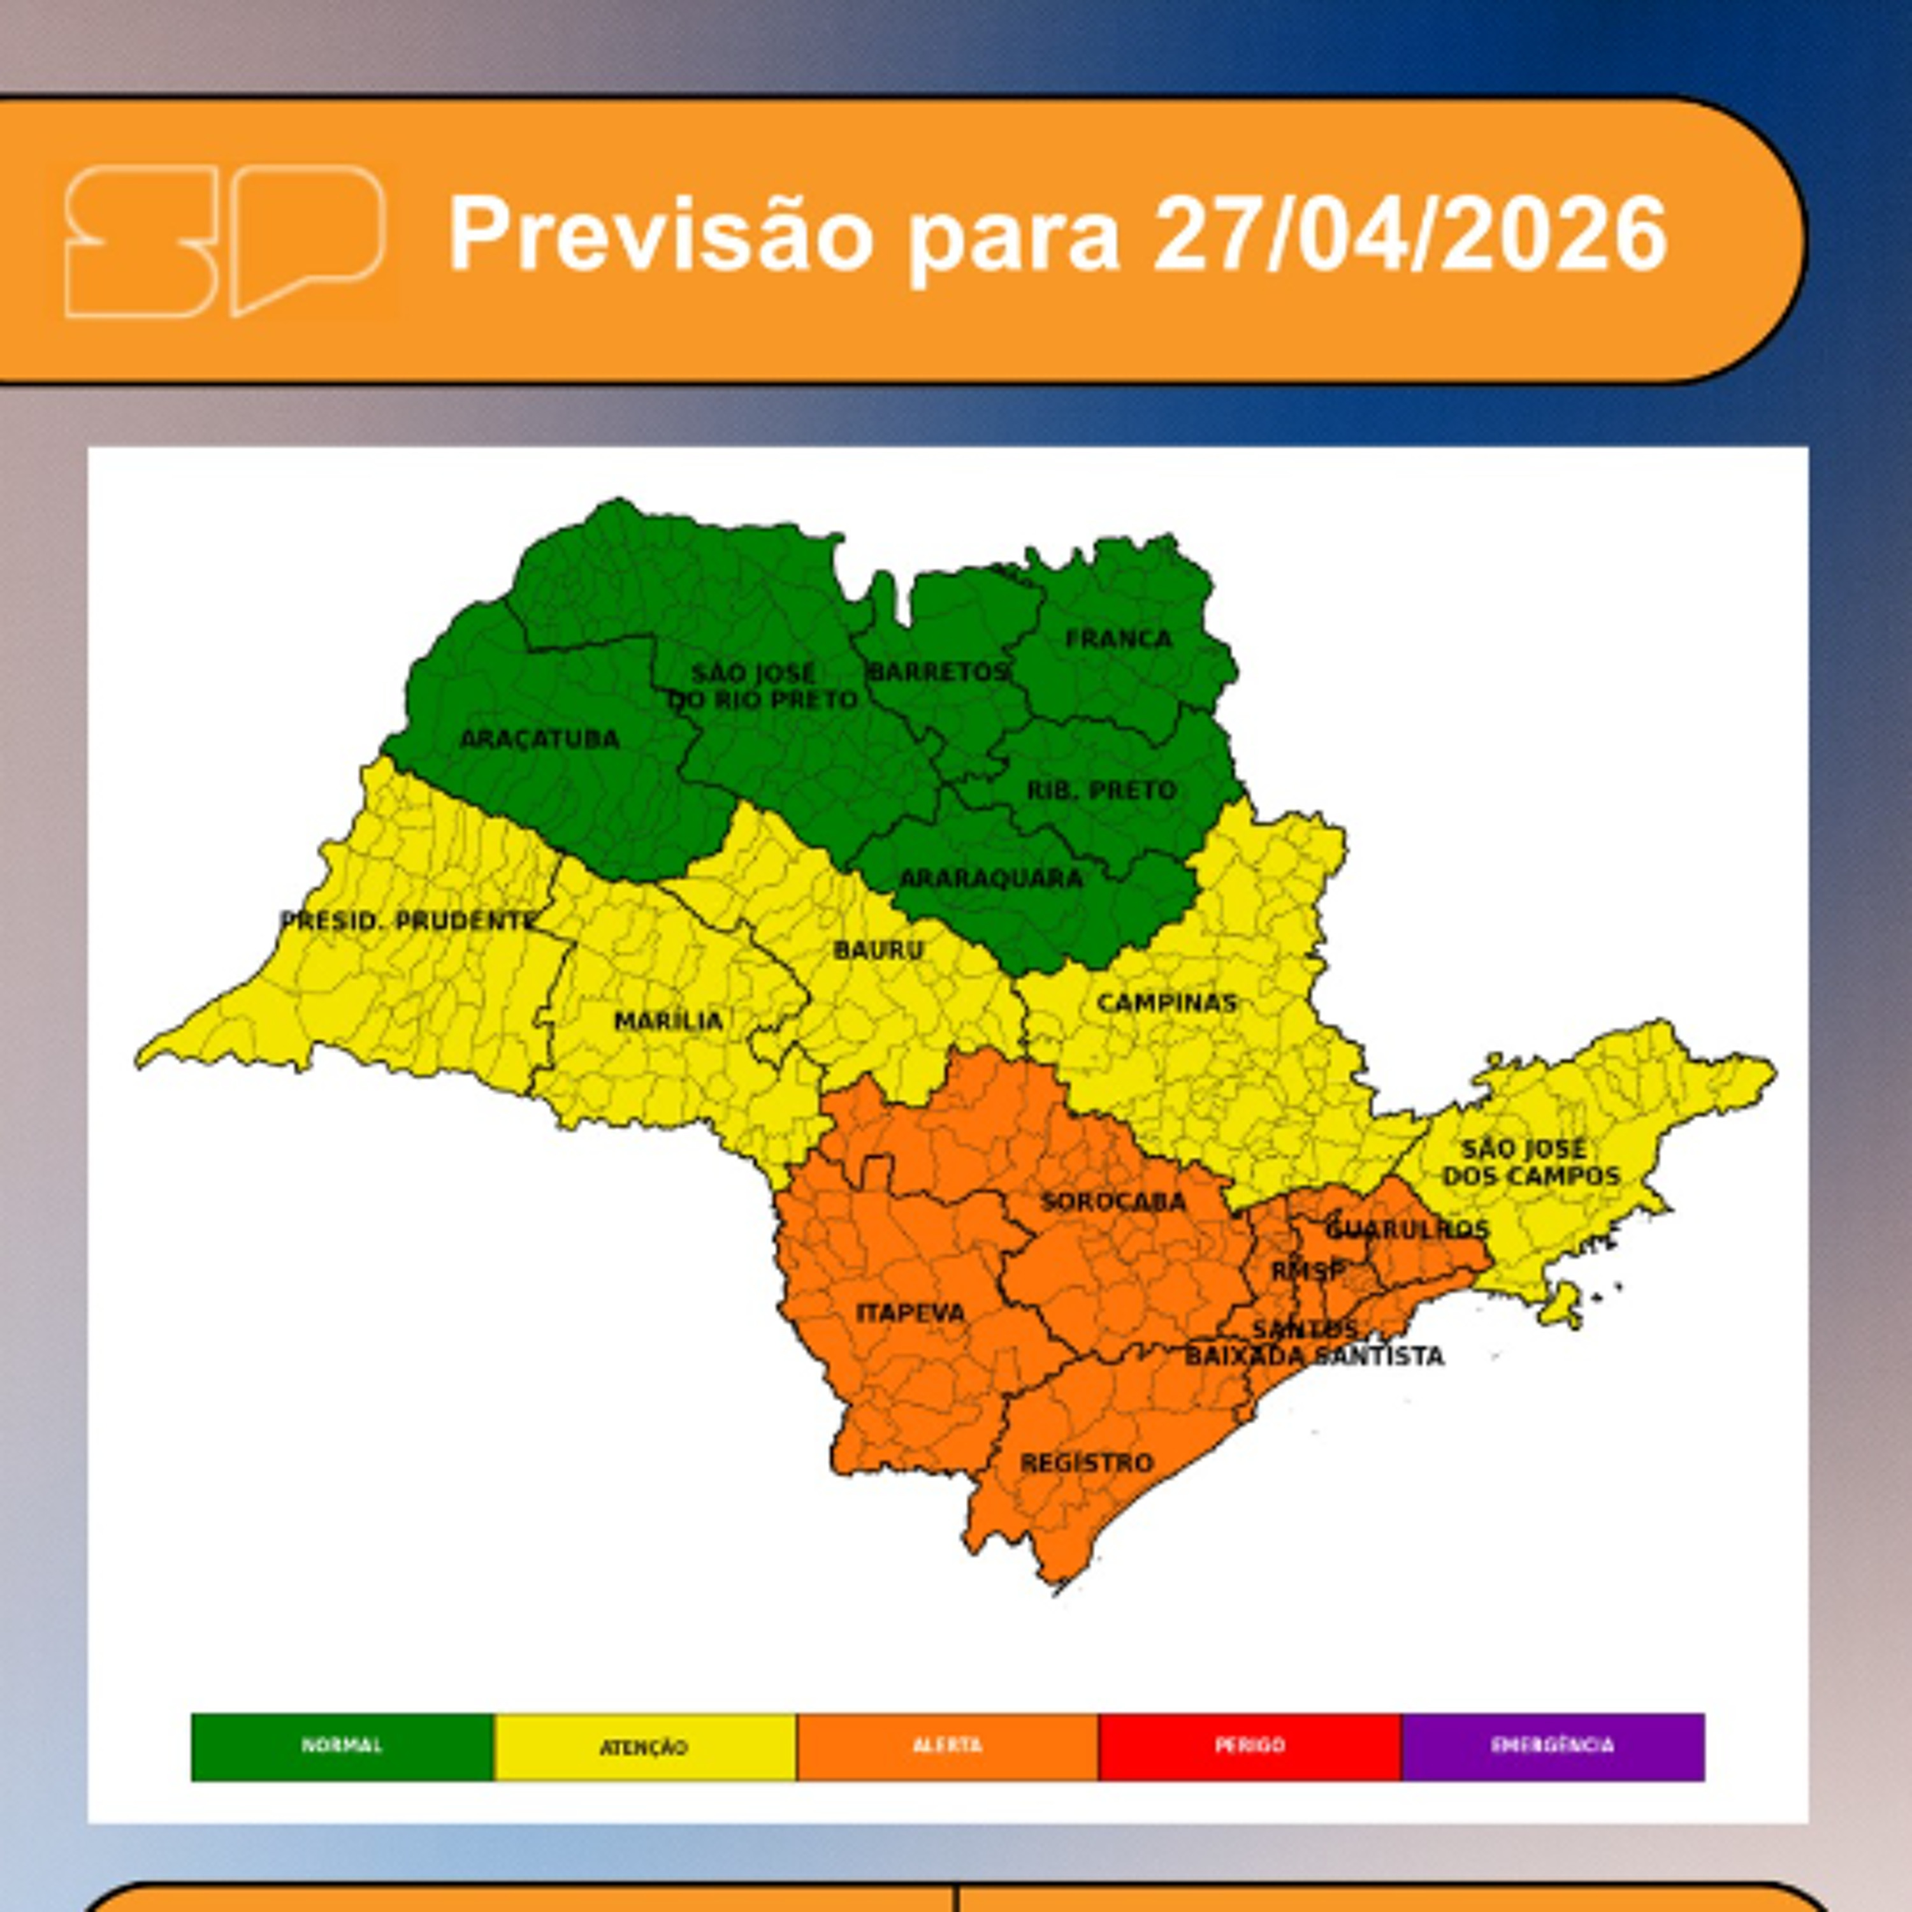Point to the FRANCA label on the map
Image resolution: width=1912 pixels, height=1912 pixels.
pos(1119,639)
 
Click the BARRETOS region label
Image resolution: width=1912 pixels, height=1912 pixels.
pos(937,672)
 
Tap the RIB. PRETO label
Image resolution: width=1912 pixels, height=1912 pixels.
pos(1101,791)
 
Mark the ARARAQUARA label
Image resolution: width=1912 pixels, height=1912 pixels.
pos(990,878)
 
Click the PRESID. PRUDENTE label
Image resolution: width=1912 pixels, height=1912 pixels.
pos(407,922)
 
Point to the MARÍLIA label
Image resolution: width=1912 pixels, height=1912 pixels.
pos(669,1021)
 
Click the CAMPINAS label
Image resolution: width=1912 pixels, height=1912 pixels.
pos(1167,1004)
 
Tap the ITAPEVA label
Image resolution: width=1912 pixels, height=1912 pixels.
pos(909,1314)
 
